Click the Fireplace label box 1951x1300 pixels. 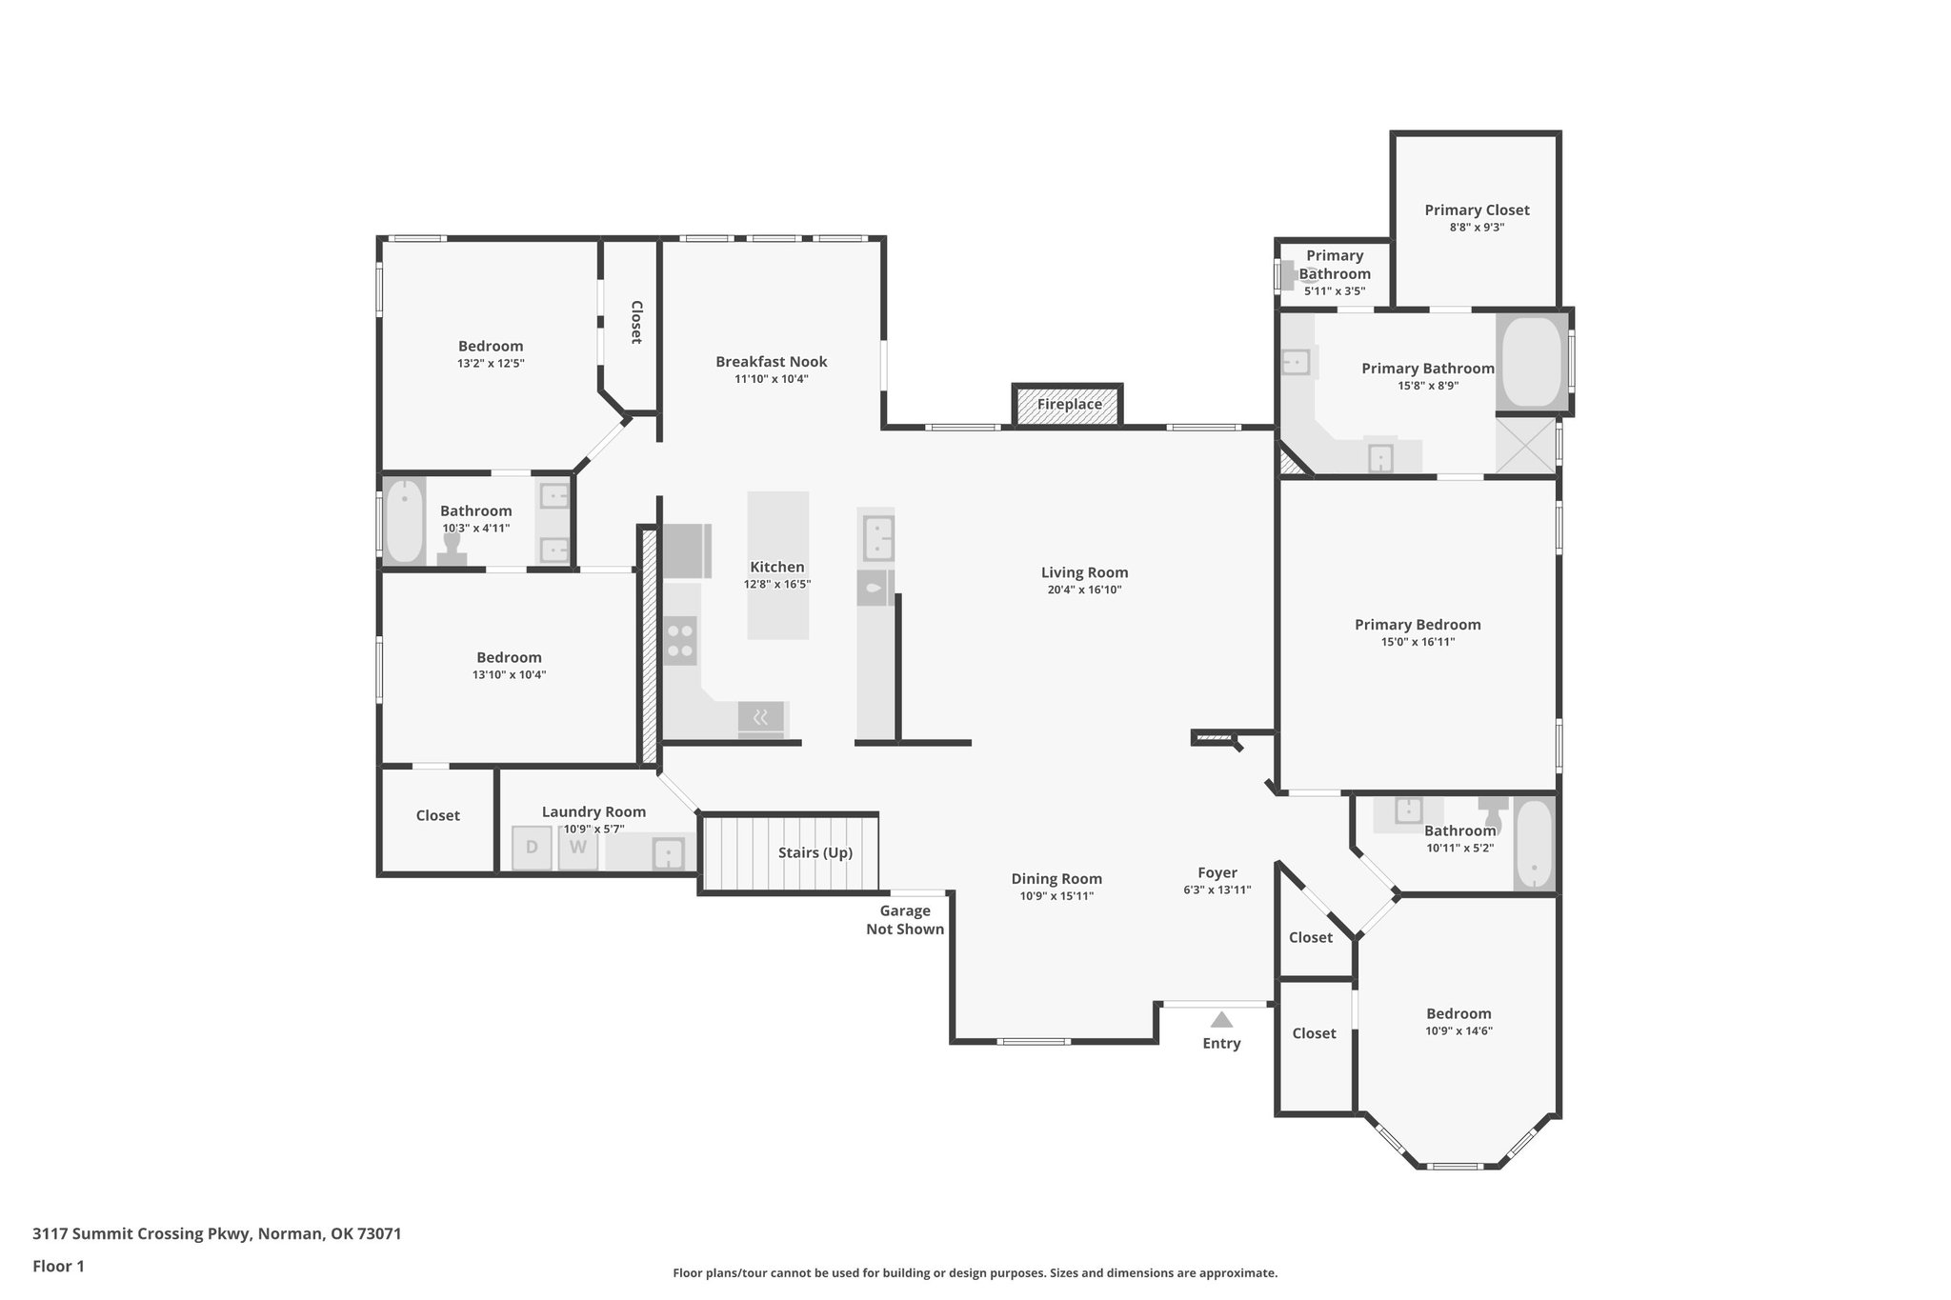(x=1068, y=405)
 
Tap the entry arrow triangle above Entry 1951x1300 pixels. (x=1221, y=1020)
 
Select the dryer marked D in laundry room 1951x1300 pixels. (x=532, y=848)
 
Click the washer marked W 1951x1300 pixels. (x=577, y=848)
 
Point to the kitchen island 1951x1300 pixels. (x=777, y=565)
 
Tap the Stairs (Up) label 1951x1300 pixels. (x=815, y=852)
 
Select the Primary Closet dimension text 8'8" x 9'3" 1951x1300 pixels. (x=1477, y=228)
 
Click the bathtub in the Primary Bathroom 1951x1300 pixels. (x=1531, y=363)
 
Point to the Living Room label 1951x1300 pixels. (x=1084, y=572)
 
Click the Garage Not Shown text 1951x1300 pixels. (x=905, y=920)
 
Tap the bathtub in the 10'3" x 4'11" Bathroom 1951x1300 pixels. (x=404, y=522)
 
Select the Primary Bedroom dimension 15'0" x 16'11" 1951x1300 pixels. (x=1418, y=642)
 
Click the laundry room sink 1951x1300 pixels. (x=668, y=853)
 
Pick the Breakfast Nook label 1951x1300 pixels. (x=771, y=362)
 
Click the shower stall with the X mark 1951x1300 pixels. (x=1525, y=446)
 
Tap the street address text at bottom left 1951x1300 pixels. (x=216, y=1234)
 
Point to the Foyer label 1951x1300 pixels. (x=1217, y=872)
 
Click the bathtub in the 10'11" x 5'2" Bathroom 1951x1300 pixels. (x=1534, y=844)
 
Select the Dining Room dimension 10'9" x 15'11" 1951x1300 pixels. (x=1056, y=896)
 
